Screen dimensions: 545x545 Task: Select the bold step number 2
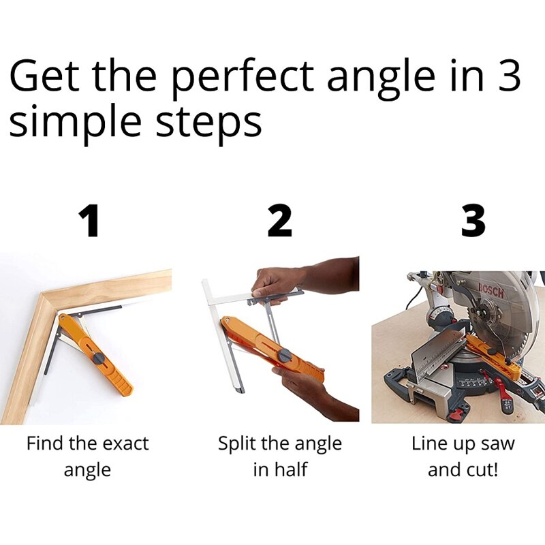tap(279, 221)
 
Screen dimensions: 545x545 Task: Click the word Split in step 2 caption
tap(236, 444)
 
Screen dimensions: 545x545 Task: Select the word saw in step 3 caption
tap(498, 444)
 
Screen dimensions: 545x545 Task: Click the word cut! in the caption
tap(481, 470)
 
